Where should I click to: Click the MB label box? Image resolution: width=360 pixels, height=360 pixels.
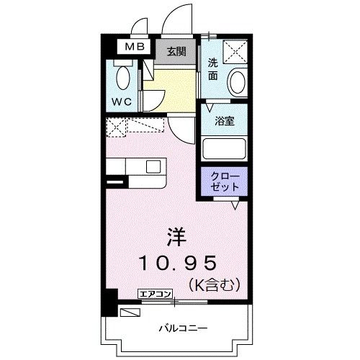click(x=135, y=48)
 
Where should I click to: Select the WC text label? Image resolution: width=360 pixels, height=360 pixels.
click(x=122, y=101)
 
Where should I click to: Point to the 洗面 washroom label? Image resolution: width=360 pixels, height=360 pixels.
click(x=214, y=68)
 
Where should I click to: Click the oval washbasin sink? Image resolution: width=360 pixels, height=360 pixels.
click(x=236, y=83)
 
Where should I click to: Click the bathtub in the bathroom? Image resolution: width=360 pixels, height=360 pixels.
click(x=225, y=149)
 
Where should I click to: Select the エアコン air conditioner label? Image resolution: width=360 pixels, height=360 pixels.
click(x=155, y=293)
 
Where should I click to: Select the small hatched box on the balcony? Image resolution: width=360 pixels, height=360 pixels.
click(x=130, y=312)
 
